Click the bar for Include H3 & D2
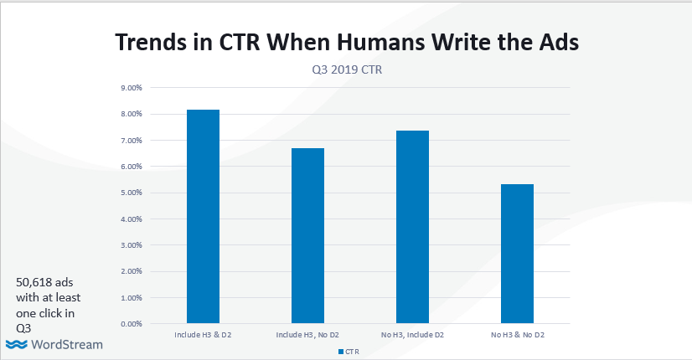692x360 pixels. click(203, 216)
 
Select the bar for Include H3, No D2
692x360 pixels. click(307, 235)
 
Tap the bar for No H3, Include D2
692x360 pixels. click(412, 226)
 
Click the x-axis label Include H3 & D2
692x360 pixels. click(203, 336)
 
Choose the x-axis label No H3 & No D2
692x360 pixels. click(517, 336)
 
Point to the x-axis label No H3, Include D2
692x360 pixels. click(412, 336)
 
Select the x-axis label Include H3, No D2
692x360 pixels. click(307, 336)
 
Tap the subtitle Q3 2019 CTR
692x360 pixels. click(346, 70)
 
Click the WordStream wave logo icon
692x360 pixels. click(16, 345)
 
